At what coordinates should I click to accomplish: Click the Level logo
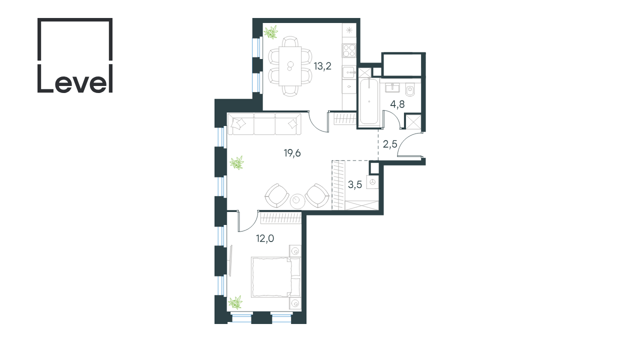pos(75,55)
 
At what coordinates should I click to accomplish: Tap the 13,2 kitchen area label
pos(322,66)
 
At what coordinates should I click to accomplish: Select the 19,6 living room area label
pos(292,153)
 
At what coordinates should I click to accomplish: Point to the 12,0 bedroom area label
pos(265,238)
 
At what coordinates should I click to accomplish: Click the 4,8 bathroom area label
pos(397,104)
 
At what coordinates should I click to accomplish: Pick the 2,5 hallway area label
pos(390,144)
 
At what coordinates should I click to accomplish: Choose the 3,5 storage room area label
pos(355,184)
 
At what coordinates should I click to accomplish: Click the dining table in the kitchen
pos(290,66)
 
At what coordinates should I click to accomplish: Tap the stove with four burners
pos(349,50)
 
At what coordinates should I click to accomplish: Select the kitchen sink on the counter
pos(349,72)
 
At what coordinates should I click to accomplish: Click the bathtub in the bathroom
pos(369,101)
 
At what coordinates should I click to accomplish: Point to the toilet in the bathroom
pos(409,89)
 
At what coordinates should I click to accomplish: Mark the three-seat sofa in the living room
pos(264,123)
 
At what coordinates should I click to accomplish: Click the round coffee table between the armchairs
pos(297,201)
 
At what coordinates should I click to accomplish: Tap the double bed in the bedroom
pos(276,277)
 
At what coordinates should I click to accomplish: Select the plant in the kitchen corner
pos(270,32)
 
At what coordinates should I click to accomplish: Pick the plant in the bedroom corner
pos(235,302)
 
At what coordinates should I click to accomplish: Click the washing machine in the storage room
pos(372,182)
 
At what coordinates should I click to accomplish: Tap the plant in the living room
pos(237,162)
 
